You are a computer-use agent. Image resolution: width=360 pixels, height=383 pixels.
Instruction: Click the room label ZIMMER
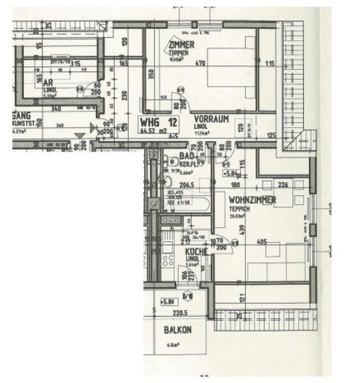pyautogui.click(x=182, y=44)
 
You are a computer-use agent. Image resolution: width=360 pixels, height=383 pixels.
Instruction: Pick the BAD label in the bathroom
pyautogui.click(x=187, y=156)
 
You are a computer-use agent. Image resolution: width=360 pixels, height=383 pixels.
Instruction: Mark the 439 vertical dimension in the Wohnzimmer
pyautogui.click(x=241, y=229)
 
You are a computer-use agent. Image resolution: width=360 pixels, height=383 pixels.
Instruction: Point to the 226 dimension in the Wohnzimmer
pyautogui.click(x=284, y=186)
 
